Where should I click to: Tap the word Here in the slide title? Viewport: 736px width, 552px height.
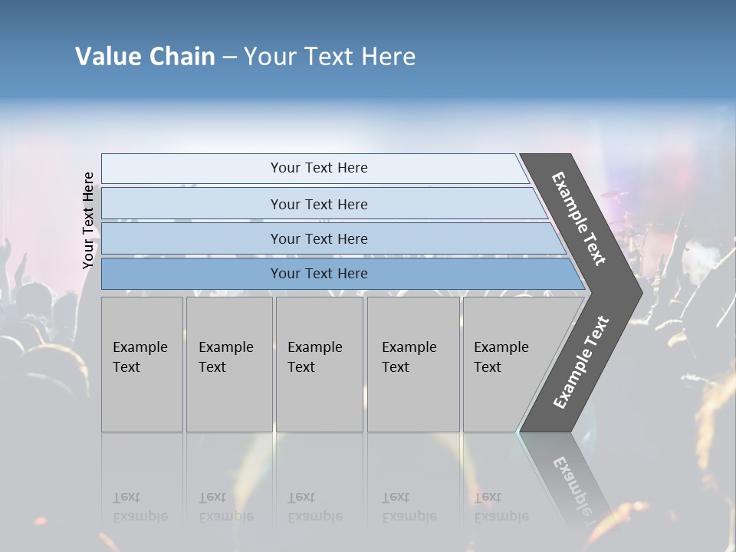click(x=388, y=57)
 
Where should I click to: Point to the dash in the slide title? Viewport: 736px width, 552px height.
click(x=229, y=58)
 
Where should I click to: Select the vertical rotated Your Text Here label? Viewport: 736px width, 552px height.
click(x=88, y=220)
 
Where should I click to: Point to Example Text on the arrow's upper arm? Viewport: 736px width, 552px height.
click(x=578, y=219)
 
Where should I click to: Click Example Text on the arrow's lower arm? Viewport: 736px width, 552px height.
click(x=580, y=363)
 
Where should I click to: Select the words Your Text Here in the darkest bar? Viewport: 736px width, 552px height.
click(x=319, y=274)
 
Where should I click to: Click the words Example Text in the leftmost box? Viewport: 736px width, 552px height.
click(x=140, y=357)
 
